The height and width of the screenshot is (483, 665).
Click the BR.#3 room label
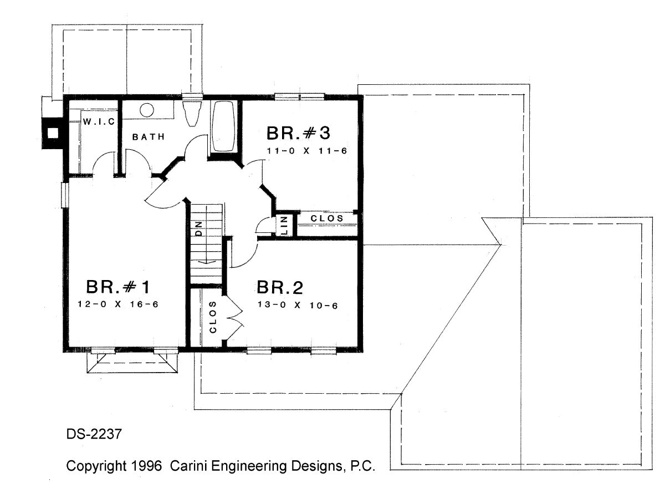[298, 133]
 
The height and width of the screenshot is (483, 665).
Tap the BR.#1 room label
[118, 287]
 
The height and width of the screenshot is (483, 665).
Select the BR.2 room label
[280, 288]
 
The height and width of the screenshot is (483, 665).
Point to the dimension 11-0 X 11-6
[307, 151]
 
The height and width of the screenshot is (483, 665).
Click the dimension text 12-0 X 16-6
[118, 304]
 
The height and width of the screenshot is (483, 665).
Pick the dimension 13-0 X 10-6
[298, 305]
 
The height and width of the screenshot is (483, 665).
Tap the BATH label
[149, 137]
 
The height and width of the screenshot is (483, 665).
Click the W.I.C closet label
[99, 121]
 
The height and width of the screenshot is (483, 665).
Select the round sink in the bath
[147, 110]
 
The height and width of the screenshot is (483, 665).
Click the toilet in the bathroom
[192, 114]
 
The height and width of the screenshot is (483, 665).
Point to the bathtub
[223, 126]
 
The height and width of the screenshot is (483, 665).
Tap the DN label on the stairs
[199, 228]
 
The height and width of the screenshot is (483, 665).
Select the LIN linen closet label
[284, 226]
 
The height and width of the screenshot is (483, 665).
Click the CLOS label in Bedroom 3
[327, 218]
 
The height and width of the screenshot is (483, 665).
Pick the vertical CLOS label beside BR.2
[213, 317]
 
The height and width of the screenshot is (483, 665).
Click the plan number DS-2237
[94, 434]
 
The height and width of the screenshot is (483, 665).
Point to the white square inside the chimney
[53, 133]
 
